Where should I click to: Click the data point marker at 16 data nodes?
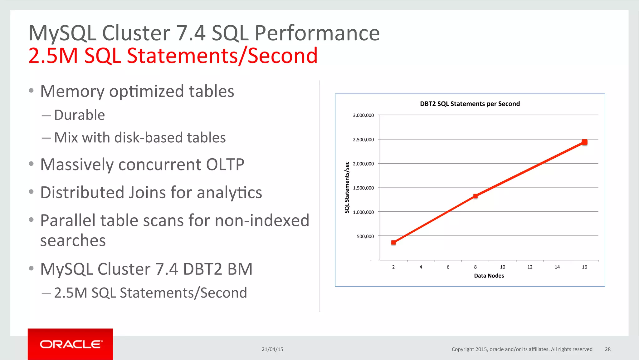point(584,142)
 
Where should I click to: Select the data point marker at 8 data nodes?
point(475,196)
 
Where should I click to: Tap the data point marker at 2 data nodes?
point(393,242)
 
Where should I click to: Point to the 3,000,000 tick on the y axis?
point(363,115)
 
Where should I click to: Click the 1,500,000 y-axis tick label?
point(363,188)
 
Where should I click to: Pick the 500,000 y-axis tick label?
point(365,236)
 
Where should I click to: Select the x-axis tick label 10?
point(502,267)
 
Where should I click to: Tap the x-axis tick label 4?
point(421,267)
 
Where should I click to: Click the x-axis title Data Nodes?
point(489,276)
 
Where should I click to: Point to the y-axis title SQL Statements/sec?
point(347,187)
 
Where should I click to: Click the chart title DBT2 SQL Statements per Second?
point(470,104)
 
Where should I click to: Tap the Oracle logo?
point(71,344)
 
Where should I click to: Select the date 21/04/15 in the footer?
point(272,349)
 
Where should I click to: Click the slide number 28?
point(607,349)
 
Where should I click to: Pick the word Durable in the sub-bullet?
point(79,115)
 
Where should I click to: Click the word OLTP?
point(225,165)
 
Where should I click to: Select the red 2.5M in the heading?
point(53,56)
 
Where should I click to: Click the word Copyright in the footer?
point(463,349)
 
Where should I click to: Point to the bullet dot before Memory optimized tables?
point(31,91)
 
